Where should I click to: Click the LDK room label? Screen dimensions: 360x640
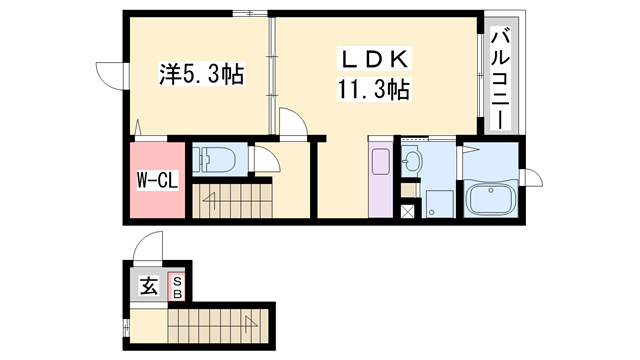[x=377, y=59]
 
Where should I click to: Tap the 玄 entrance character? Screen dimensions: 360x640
[x=147, y=286]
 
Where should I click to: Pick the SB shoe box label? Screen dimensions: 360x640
[x=176, y=287]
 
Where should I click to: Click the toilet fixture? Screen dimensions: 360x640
[x=214, y=160]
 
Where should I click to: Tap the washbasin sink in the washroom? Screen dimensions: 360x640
[x=412, y=160]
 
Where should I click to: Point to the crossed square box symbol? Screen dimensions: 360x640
[x=408, y=211]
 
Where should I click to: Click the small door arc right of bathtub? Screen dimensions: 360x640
[x=533, y=177]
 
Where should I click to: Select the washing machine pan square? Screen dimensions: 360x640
[x=436, y=201]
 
